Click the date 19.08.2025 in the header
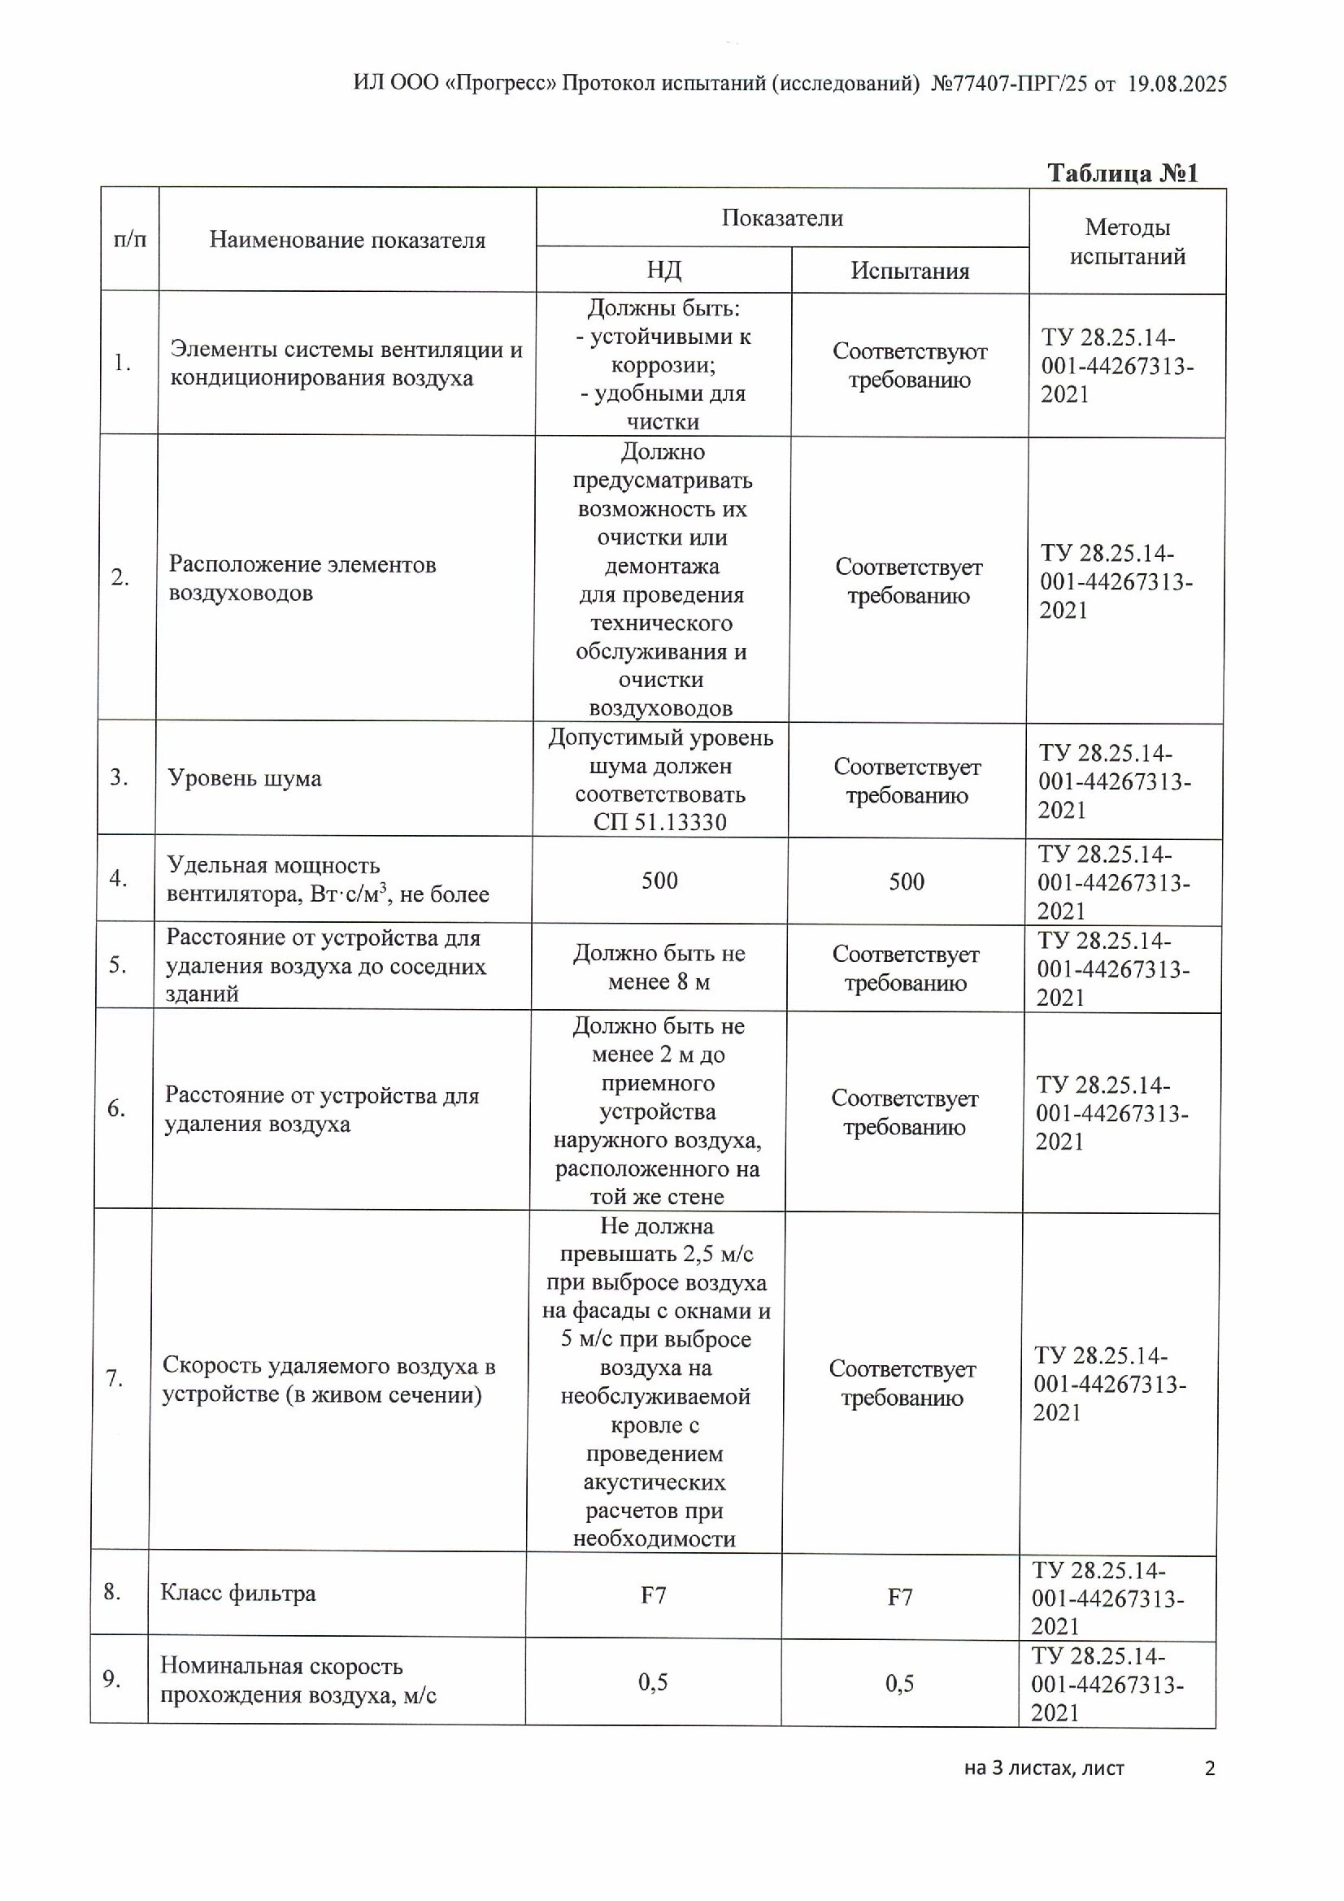coord(1177,85)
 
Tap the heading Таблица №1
coord(1122,173)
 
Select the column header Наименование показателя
coord(347,240)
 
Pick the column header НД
coord(663,270)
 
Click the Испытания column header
coord(909,271)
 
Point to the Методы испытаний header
coord(1127,241)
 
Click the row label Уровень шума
coord(244,778)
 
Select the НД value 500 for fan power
coord(659,880)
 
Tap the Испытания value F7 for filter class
coord(899,1597)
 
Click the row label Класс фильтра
coord(237,1593)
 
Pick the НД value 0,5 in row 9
coord(653,1681)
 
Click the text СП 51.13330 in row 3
coord(659,822)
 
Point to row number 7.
coord(115,1378)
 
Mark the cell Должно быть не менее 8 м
coord(659,967)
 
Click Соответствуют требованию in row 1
coord(909,365)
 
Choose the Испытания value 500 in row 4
coord(906,881)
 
